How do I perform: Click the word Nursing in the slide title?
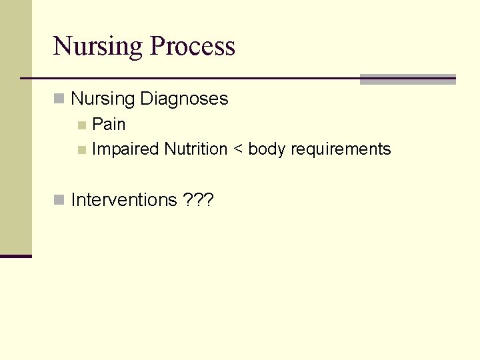tap(98, 47)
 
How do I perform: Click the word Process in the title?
tap(193, 47)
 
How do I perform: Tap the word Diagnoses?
tap(184, 99)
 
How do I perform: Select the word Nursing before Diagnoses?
tap(103, 99)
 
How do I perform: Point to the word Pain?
tap(109, 125)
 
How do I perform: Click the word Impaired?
tap(125, 149)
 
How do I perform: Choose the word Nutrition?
tap(196, 149)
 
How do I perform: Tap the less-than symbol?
tap(238, 150)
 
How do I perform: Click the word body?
tap(267, 149)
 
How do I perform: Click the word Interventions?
tap(124, 200)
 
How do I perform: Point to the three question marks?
tap(197, 200)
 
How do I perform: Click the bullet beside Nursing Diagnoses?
tap(59, 99)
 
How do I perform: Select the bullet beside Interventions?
tap(59, 200)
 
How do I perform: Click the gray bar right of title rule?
tap(407, 79)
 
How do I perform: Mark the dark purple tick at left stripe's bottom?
tap(15, 256)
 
